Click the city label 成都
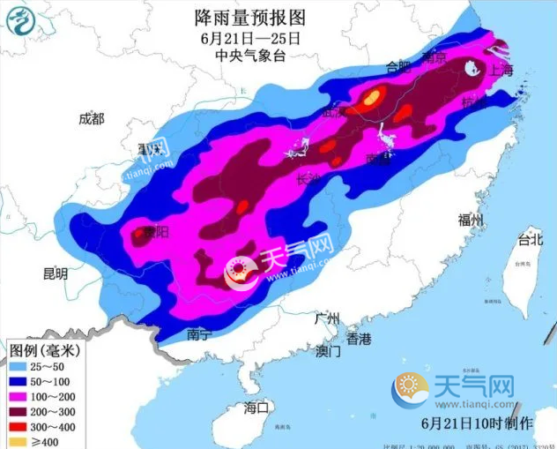click(91, 119)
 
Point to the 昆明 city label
click(55, 273)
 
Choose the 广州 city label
click(328, 319)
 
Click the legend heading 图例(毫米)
click(46, 349)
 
